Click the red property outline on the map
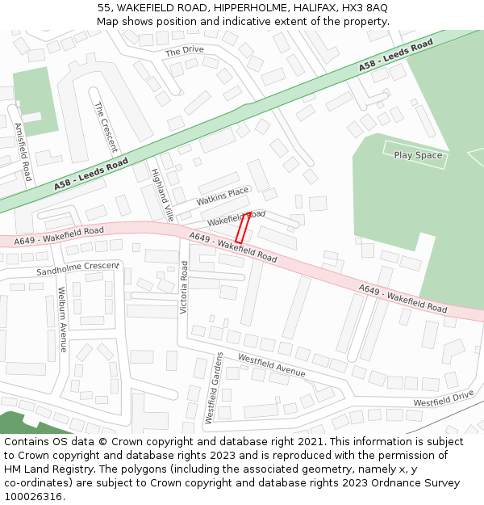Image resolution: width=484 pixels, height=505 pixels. click(x=242, y=228)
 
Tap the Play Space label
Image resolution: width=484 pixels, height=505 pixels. click(x=418, y=155)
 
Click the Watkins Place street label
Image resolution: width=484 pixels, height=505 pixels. click(x=223, y=196)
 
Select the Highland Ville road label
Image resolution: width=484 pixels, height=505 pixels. click(x=162, y=195)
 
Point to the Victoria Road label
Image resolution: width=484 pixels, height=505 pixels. click(x=183, y=287)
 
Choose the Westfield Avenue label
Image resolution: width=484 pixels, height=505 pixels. click(x=271, y=365)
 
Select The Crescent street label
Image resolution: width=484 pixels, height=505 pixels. click(x=106, y=127)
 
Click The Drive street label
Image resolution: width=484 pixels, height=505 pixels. click(x=184, y=51)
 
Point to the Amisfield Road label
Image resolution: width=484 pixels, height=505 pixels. click(x=23, y=151)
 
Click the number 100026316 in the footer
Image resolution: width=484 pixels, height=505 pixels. click(x=31, y=496)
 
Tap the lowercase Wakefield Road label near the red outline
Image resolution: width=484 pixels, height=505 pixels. click(x=236, y=217)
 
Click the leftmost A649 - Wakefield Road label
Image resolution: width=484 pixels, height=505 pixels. click(x=59, y=234)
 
